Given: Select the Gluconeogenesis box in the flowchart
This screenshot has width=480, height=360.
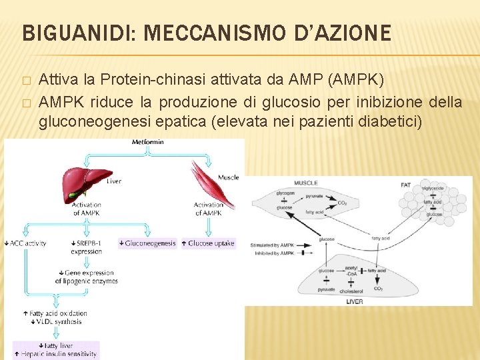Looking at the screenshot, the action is (147, 243).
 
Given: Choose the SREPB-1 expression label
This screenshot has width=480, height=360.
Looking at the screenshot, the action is (87, 247).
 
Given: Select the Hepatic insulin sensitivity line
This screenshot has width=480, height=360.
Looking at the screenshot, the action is (56, 354).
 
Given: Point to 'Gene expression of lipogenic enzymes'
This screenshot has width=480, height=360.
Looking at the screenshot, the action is (87, 277).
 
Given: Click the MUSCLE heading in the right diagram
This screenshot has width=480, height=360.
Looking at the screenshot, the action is (305, 183).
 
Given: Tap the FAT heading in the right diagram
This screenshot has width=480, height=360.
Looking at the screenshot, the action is (405, 185).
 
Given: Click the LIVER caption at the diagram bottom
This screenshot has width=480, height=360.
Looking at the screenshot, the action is (355, 301).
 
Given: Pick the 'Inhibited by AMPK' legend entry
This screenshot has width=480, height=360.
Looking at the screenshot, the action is (272, 253).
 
